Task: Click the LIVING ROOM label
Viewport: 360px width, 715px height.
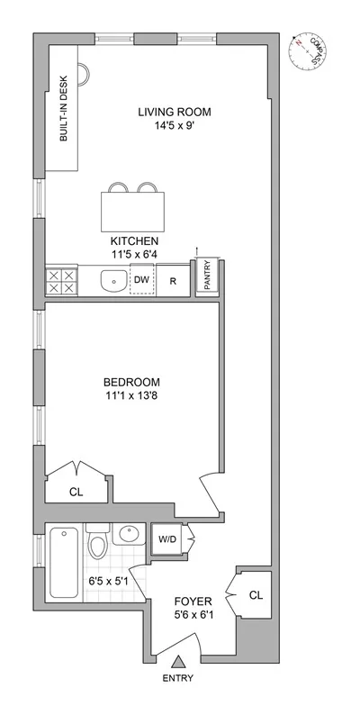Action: pyautogui.click(x=174, y=113)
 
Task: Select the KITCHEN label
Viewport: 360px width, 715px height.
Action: pyautogui.click(x=135, y=241)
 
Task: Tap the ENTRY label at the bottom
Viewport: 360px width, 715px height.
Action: pyautogui.click(x=176, y=678)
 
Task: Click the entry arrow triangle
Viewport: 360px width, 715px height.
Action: pyautogui.click(x=176, y=661)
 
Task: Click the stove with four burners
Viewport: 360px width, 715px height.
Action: pyautogui.click(x=59, y=281)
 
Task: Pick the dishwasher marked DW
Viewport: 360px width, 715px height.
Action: pyautogui.click(x=141, y=280)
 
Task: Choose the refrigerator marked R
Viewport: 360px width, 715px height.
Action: pyautogui.click(x=173, y=281)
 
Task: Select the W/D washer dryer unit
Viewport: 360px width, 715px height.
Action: pyautogui.click(x=167, y=539)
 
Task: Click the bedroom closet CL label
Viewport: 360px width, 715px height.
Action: pyautogui.click(x=76, y=492)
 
